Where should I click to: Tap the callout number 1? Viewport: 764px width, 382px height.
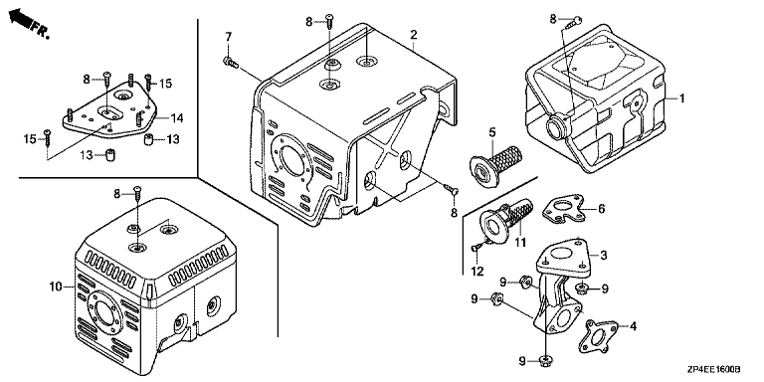[681, 98]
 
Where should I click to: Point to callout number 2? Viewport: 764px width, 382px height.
[413, 35]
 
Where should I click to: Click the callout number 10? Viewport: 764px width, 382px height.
[57, 286]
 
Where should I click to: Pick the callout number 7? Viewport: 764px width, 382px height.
[228, 36]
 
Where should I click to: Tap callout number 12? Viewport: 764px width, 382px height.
[477, 271]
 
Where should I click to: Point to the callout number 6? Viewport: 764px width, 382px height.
[601, 209]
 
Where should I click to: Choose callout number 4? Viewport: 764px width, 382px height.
[633, 326]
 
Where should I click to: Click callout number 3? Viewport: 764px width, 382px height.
[603, 254]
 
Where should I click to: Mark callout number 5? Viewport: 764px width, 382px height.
[492, 131]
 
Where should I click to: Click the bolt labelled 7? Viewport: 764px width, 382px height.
[229, 62]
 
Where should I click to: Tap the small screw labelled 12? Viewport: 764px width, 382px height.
[477, 248]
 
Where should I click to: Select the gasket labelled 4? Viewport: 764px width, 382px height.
[598, 336]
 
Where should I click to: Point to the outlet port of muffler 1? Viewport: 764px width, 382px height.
[555, 127]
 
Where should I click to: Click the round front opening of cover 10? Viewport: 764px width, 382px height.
[103, 310]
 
